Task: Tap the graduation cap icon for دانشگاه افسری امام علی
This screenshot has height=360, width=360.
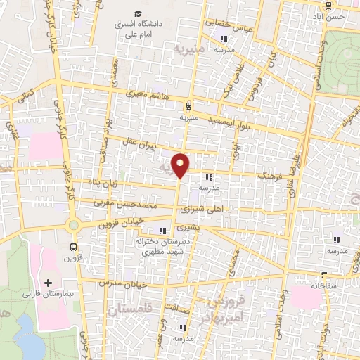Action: [139, 13]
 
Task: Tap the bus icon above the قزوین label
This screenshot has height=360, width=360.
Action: [75, 246]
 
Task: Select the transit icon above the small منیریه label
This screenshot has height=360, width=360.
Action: [188, 106]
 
